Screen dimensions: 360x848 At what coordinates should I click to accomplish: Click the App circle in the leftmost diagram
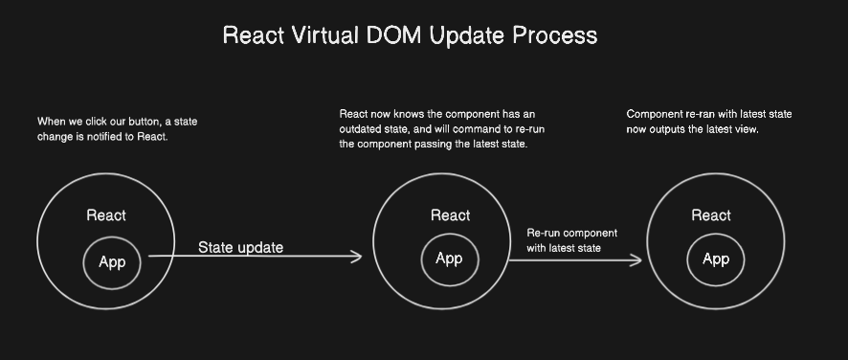point(112,261)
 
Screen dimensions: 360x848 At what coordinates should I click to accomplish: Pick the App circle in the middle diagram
point(449,259)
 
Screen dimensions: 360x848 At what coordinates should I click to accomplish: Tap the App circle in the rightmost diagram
point(716,259)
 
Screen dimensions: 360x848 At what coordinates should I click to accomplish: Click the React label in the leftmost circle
point(105,215)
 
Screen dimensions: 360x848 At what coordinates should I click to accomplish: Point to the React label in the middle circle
point(450,215)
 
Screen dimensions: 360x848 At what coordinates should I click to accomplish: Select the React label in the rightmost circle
point(711,215)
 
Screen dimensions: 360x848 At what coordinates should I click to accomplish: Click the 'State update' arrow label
point(240,248)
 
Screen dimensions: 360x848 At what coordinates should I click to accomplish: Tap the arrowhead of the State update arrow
point(358,257)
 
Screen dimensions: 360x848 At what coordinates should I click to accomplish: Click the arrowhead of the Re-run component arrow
point(637,259)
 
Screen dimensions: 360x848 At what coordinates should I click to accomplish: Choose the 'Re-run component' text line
point(571,234)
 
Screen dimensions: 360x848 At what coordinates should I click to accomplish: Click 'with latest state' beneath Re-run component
point(563,249)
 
